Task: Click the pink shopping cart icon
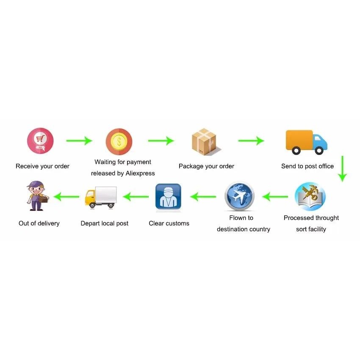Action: [40, 140]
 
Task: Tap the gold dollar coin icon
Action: [119, 141]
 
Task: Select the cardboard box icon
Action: [205, 141]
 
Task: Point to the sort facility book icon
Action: [310, 197]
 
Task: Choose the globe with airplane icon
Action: [239, 196]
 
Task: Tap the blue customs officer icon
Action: [168, 197]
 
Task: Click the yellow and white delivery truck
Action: [100, 197]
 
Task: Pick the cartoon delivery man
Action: [37, 196]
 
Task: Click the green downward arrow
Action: [342, 169]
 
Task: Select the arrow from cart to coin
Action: [79, 141]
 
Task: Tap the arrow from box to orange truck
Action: [251, 141]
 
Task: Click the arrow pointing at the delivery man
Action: [66, 197]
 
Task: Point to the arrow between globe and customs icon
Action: [203, 197]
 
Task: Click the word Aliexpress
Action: [140, 173]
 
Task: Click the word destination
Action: [230, 229]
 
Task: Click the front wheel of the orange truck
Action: [319, 150]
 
